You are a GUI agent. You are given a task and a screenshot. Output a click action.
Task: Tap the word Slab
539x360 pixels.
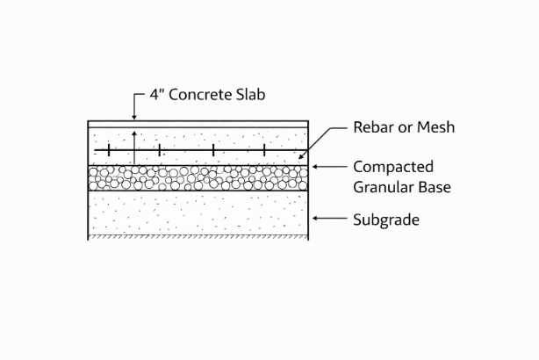click(x=248, y=94)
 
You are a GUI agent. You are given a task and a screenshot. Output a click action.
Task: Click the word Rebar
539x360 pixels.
click(x=375, y=128)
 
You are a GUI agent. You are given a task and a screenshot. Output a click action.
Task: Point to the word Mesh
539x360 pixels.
click(x=435, y=128)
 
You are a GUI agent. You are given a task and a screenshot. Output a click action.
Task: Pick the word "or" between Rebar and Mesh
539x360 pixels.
click(x=406, y=128)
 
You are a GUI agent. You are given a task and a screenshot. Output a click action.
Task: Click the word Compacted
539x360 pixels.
click(x=392, y=166)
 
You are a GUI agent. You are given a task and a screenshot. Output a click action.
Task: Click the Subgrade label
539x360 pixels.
click(x=386, y=220)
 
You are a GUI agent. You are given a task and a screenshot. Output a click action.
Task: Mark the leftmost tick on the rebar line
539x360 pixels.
click(x=108, y=151)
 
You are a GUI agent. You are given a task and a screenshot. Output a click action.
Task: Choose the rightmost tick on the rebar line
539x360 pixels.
click(x=263, y=151)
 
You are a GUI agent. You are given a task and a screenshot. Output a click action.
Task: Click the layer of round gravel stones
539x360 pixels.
click(x=198, y=179)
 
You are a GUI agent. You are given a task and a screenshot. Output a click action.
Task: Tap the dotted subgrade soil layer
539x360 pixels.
click(x=198, y=213)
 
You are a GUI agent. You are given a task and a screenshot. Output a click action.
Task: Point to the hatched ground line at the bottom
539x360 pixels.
click(x=198, y=238)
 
